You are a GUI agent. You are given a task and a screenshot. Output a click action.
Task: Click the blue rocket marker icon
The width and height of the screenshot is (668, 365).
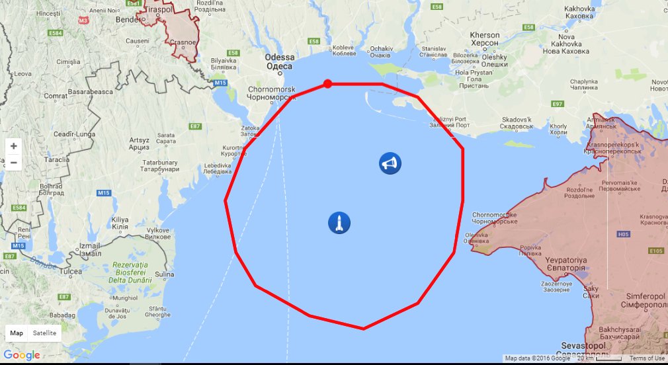pyautogui.click(x=339, y=223)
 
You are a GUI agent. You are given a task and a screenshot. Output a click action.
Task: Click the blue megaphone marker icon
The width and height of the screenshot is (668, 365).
pyautogui.click(x=390, y=163)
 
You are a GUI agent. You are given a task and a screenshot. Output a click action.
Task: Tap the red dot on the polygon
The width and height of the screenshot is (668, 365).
pyautogui.click(x=327, y=84)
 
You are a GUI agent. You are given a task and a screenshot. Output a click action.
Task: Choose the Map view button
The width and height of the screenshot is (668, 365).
pyautogui.click(x=17, y=333)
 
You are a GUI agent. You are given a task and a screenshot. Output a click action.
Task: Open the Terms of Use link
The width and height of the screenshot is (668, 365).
pyautogui.click(x=646, y=358)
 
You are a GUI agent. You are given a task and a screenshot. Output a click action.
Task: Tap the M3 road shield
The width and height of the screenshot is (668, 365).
pyautogui.click(x=83, y=20)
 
